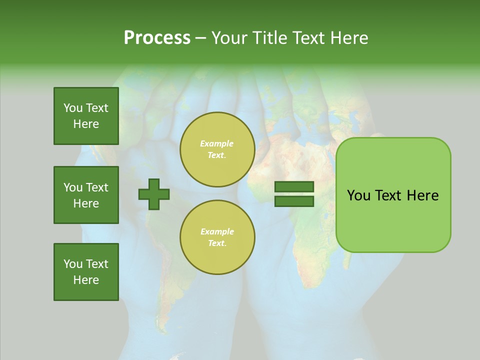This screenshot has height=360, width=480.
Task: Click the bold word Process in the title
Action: (157, 38)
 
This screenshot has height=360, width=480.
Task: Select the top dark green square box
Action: (86, 116)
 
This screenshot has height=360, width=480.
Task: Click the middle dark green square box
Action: (86, 195)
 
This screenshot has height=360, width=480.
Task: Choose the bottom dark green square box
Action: (86, 272)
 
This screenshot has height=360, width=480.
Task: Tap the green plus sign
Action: (154, 194)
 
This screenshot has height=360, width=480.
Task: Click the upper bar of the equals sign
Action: (294, 187)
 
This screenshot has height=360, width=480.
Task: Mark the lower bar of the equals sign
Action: (294, 201)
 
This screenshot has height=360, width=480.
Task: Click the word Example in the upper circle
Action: (217, 143)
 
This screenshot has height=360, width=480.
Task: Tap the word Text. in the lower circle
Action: (217, 243)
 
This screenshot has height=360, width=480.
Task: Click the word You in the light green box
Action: (359, 195)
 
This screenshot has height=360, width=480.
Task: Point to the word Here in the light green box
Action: (422, 195)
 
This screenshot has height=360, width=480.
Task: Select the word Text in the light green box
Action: (389, 195)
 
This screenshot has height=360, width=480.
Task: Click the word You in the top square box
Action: (73, 108)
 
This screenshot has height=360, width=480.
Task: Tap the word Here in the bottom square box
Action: (86, 280)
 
